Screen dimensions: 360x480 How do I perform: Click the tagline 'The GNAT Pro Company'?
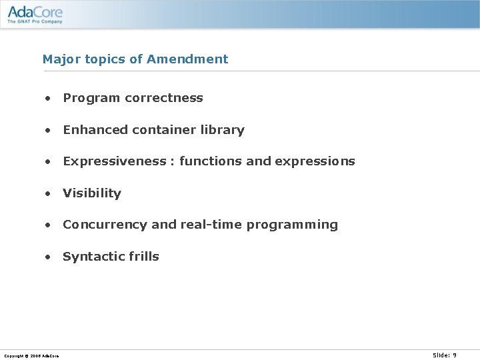point(35,21)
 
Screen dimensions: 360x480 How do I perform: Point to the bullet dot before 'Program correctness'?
point(48,99)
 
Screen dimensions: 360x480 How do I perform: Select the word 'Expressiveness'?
point(114,161)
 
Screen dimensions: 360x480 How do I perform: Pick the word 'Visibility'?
point(92,193)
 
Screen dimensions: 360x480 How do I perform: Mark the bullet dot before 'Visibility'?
point(48,194)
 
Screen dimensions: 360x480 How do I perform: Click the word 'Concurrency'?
point(105,225)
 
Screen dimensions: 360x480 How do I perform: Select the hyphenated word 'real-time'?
point(211,225)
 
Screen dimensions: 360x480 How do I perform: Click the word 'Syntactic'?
point(92,257)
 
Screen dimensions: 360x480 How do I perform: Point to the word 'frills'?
point(142,257)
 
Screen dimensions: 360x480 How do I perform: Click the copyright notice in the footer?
point(31,356)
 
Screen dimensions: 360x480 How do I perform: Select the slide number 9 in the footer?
point(454,355)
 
